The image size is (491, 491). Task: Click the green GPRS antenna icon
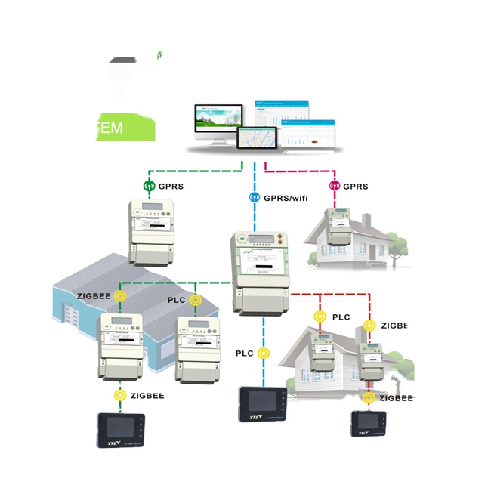[148, 186]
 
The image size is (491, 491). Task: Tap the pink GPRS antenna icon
[333, 186]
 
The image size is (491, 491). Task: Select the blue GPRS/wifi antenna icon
[255, 199]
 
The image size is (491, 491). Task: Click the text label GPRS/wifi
[286, 199]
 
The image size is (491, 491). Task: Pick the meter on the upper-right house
[338, 227]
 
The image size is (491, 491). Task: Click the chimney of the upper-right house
[366, 221]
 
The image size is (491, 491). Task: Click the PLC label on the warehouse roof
[175, 300]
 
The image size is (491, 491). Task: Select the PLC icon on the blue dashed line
[264, 353]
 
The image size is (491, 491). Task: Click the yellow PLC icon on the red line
[320, 317]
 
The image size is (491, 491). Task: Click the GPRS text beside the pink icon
[355, 186]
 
